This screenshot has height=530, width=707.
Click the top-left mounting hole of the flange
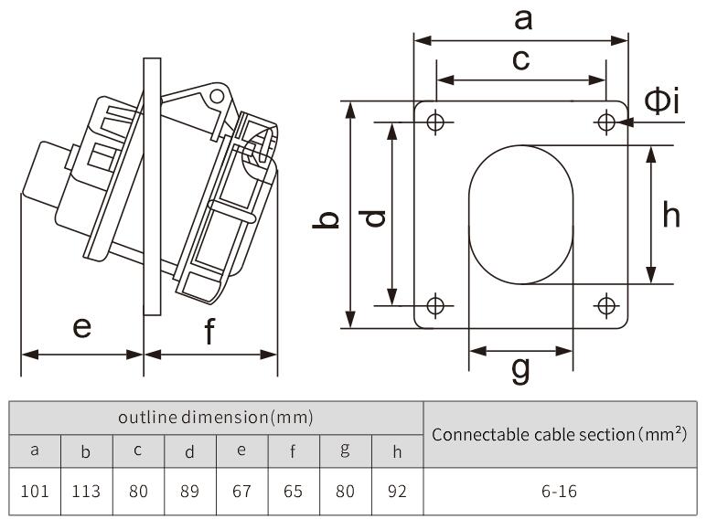[436, 122]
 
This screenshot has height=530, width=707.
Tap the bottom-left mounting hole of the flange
[436, 304]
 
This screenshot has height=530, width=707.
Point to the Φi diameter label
[661, 101]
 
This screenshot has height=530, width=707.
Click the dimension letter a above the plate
[523, 17]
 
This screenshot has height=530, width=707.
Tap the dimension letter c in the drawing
[520, 60]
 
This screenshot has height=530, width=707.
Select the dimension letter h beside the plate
[671, 215]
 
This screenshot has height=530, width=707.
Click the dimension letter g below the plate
[520, 368]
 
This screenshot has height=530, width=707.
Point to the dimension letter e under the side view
[82, 326]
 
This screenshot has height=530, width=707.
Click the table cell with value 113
[86, 491]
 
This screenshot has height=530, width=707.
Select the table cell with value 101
[35, 491]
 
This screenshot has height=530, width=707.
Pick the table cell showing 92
[397, 491]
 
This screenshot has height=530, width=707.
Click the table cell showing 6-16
[559, 491]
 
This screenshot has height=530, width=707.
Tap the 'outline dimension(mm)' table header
[216, 418]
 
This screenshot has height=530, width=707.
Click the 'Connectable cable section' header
[559, 434]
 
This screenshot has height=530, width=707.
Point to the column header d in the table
[189, 450]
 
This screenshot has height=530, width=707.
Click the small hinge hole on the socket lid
[217, 95]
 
